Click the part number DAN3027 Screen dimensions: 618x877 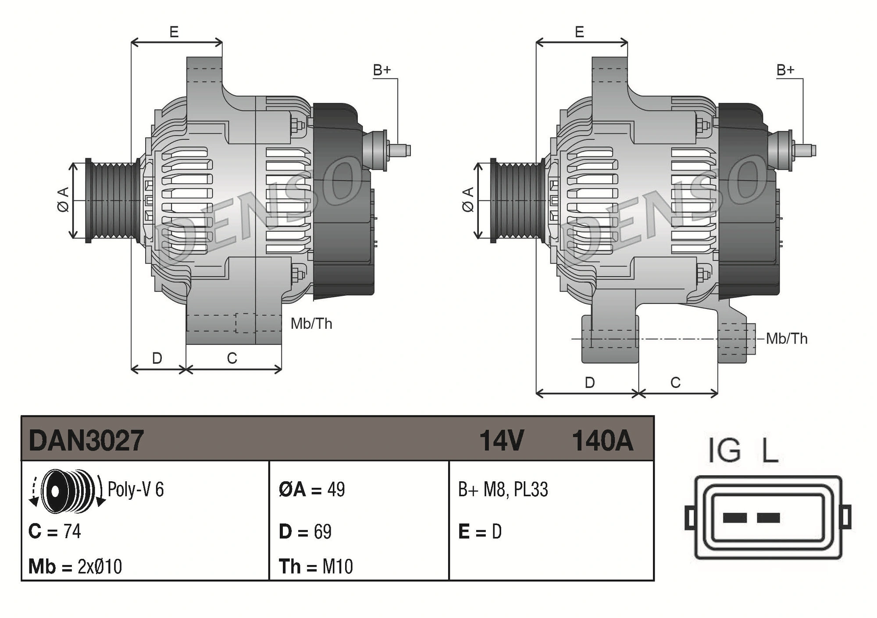[86, 440]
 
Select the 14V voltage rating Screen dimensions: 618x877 [501, 440]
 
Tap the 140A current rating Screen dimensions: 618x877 [602, 440]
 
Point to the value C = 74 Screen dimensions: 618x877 [55, 531]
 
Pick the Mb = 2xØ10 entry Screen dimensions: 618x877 [75, 566]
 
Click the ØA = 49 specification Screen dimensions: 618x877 [312, 489]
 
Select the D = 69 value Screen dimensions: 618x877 [305, 532]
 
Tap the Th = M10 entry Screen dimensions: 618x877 [316, 566]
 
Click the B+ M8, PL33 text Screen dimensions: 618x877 [503, 489]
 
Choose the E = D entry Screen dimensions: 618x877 [480, 532]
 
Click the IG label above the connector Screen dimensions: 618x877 [724, 451]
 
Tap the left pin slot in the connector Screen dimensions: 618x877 [734, 518]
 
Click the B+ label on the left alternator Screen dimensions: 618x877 [381, 70]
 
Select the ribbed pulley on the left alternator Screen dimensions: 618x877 [112, 201]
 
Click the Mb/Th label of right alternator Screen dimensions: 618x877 [787, 338]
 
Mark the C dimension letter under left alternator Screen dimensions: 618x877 [232, 359]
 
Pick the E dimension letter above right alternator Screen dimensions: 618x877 [579, 32]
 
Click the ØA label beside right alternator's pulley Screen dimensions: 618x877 [468, 200]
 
